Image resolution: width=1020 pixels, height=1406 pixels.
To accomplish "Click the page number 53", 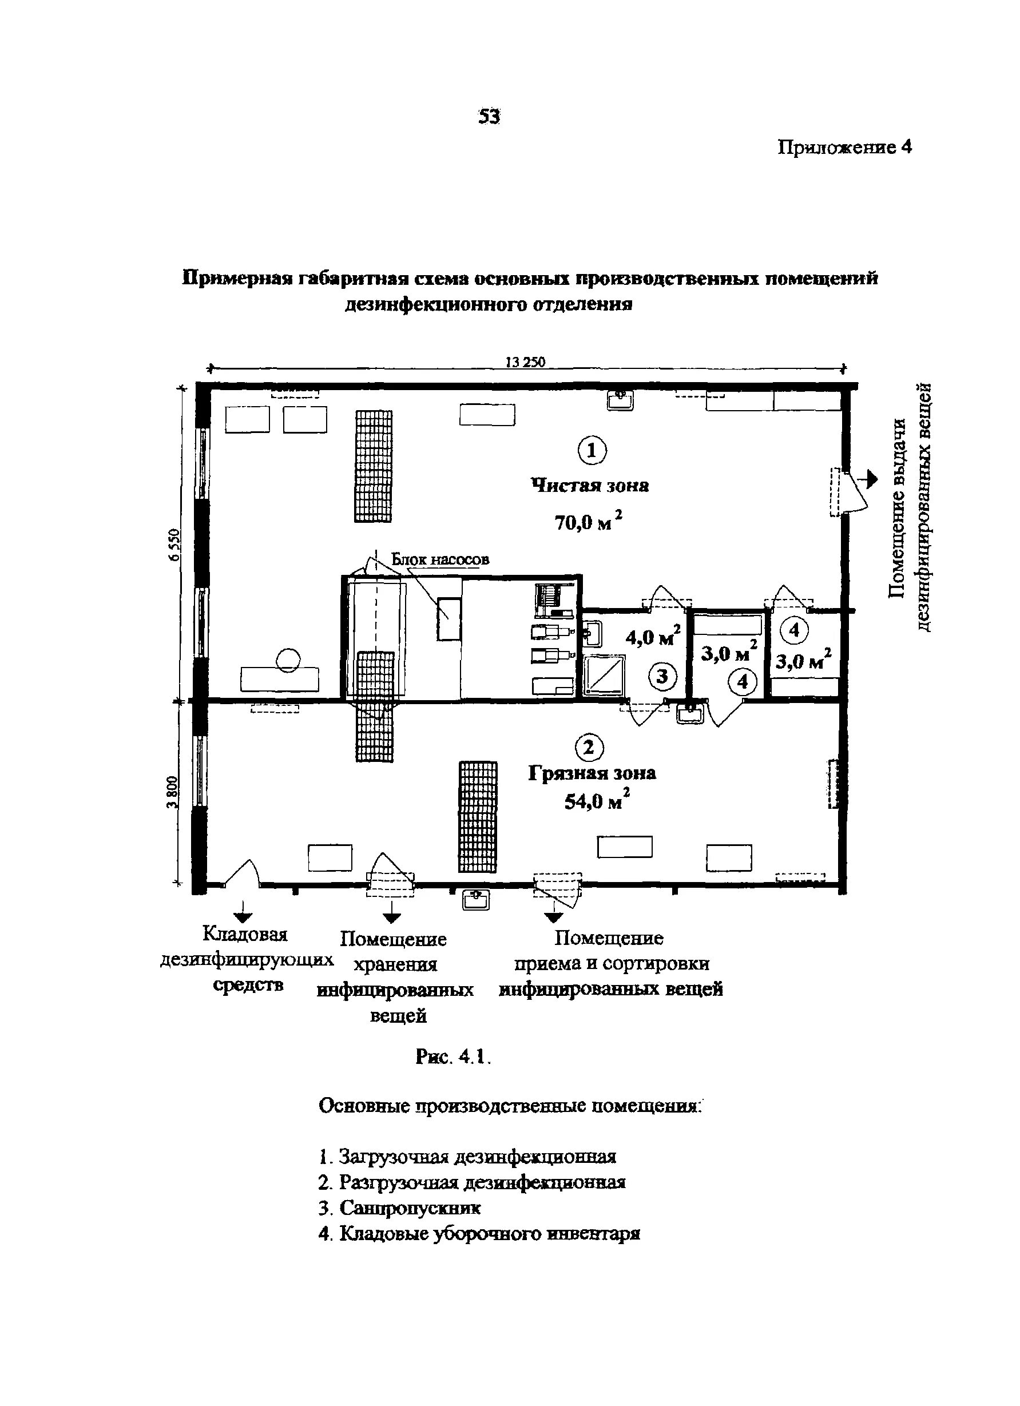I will coord(489,117).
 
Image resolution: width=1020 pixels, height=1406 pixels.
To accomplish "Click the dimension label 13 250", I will coord(525,362).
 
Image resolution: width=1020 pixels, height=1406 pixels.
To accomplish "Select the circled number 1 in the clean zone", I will coord(592,451).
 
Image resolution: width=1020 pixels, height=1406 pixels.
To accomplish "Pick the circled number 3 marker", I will coord(662,676).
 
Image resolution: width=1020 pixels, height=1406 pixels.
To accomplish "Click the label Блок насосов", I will coord(440,559).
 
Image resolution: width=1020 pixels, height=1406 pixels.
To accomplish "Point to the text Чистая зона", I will coord(590,486).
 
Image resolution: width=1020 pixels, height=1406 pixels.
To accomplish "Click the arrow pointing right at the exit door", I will coord(871,479).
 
